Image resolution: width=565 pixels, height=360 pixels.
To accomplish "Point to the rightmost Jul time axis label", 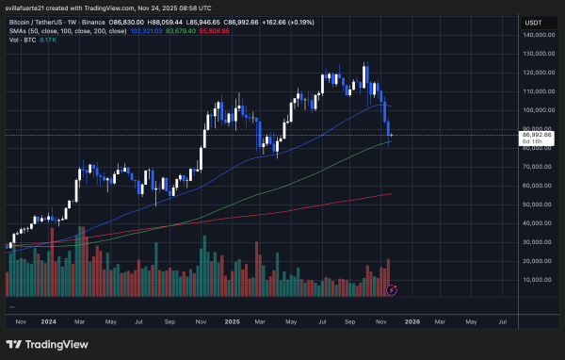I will click(x=501, y=320).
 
